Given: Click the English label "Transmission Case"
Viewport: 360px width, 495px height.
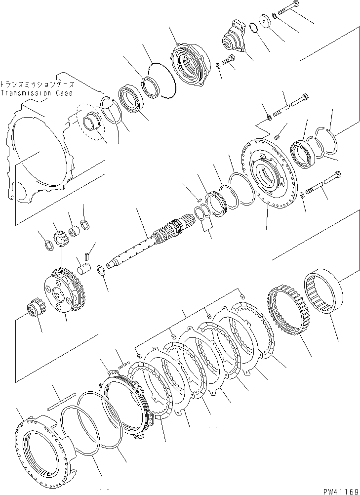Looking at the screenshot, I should click(37, 93).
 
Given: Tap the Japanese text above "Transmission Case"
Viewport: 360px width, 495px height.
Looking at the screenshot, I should click(37, 84).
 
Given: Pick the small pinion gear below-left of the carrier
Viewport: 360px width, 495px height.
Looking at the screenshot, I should click(33, 311).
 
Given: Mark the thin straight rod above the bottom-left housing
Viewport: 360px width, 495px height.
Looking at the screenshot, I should click(60, 400).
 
